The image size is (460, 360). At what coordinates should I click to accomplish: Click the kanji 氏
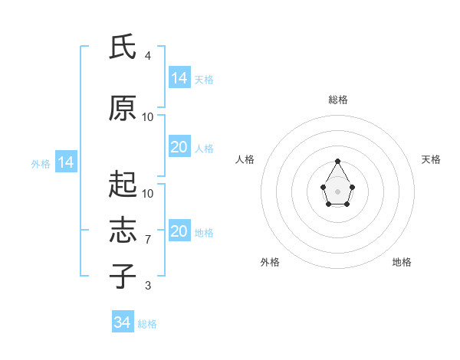coord(123,46)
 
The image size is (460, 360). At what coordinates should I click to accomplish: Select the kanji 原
coord(123,108)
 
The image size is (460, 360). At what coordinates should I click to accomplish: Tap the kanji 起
coord(123,184)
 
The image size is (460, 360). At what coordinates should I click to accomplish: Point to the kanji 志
coord(123,230)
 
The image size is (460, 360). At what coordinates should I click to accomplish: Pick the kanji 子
coord(123,276)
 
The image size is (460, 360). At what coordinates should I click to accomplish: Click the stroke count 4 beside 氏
coord(147,56)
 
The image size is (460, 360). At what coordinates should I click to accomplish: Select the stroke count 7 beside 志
coord(148,240)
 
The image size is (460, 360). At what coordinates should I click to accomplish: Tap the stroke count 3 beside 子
coord(148,286)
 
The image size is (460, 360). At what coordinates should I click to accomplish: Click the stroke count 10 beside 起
coord(147,194)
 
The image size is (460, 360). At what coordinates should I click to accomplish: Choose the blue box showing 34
coord(123,321)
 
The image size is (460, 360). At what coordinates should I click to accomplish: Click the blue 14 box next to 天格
coord(180,77)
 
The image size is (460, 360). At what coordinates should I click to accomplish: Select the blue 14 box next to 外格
coord(66,162)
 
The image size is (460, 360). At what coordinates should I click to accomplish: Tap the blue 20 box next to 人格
coord(180,146)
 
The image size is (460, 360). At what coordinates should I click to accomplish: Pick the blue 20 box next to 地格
coord(180,230)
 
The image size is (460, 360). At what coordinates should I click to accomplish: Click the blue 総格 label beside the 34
coord(147,324)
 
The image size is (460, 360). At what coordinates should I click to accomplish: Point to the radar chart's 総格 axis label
coord(338,100)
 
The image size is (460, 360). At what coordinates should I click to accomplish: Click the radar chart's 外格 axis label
coord(270,262)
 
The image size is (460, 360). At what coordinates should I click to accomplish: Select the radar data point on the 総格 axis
coord(337,161)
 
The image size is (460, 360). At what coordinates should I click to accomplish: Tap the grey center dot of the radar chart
coord(337,191)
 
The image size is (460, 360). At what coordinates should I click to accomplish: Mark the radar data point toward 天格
coord(353,187)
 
